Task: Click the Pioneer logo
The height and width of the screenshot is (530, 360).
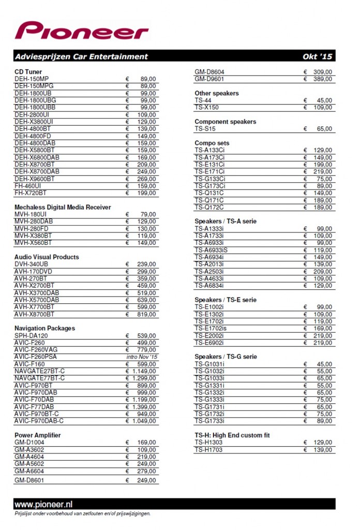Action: coord(82,31)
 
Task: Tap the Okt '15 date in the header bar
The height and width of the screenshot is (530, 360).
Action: coord(317,56)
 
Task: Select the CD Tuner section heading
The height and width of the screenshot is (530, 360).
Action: coord(28,71)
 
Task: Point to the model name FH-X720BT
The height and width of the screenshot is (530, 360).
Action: coord(32,193)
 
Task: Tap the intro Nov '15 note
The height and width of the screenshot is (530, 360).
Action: coord(141,357)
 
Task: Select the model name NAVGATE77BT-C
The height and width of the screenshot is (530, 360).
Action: coord(40,378)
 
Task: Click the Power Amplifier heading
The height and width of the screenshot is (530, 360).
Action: coord(38,435)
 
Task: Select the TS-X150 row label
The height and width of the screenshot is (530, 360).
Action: coord(207,108)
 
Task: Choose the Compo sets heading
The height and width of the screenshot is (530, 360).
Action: coord(212,143)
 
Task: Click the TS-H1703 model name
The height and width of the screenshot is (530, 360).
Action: coord(209,450)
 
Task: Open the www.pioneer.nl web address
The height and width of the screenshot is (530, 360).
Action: coord(43,504)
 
